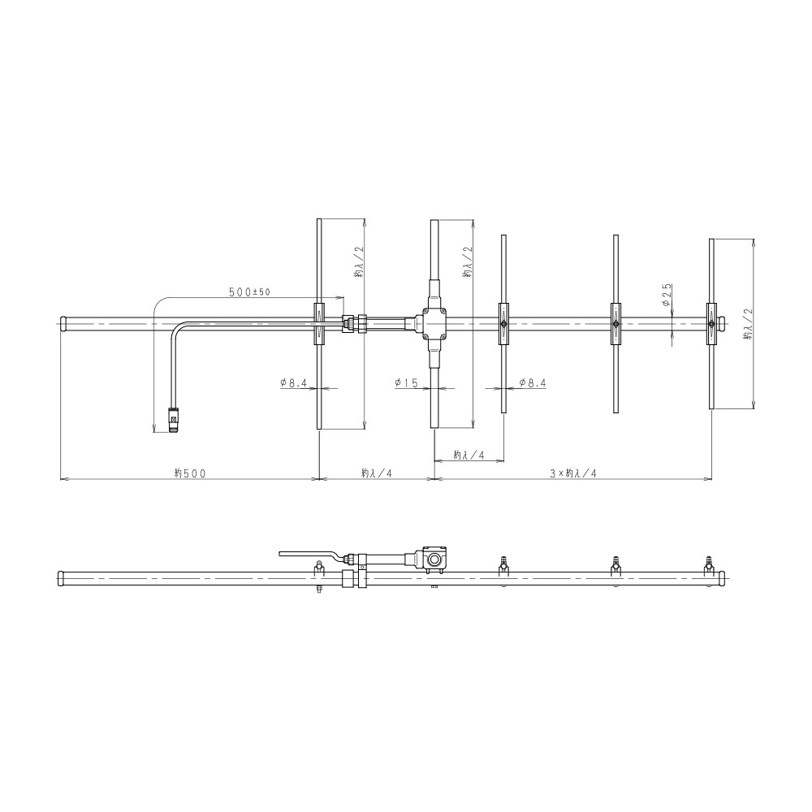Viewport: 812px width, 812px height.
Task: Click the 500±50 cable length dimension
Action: pyautogui.click(x=249, y=292)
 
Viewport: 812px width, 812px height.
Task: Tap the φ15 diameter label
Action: pyautogui.click(x=406, y=382)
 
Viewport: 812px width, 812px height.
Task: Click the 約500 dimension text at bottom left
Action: pyautogui.click(x=189, y=473)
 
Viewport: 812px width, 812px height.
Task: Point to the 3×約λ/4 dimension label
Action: pyautogui.click(x=572, y=473)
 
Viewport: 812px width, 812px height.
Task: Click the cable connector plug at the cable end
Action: pyautogui.click(x=174, y=420)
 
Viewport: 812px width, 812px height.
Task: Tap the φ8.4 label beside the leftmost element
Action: pyautogui.click(x=294, y=382)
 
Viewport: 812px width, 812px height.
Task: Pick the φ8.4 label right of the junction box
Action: pyautogui.click(x=532, y=382)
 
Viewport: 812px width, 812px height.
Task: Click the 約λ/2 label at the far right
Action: pyautogui.click(x=747, y=324)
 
